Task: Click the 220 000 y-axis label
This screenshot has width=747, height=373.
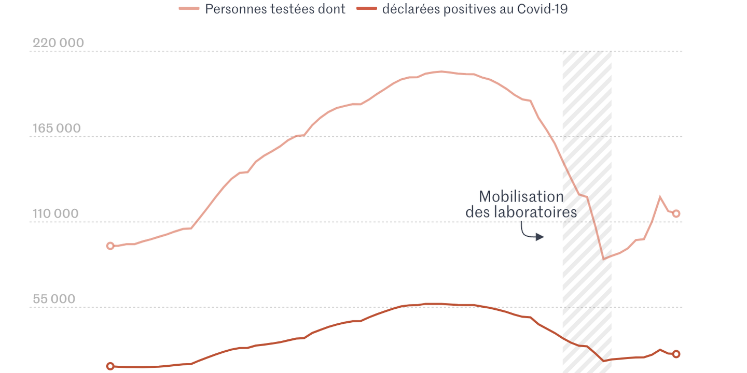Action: (58, 43)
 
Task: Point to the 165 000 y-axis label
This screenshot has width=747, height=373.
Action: (57, 128)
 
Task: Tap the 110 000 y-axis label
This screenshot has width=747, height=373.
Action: (56, 214)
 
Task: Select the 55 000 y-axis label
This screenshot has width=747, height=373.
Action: (54, 299)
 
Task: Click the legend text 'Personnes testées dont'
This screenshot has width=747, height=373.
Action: (275, 9)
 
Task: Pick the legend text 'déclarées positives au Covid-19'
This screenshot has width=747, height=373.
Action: (475, 9)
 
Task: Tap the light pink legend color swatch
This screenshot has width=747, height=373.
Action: (189, 9)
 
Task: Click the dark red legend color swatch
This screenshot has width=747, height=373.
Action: (366, 9)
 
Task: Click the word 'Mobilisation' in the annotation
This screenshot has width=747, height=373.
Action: (521, 197)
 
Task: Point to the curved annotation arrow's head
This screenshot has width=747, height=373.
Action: (542, 237)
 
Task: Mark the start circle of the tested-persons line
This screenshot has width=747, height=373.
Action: (110, 246)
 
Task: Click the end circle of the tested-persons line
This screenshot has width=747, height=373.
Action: (676, 213)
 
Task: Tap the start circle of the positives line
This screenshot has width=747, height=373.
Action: (110, 366)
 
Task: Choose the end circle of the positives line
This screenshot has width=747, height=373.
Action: (676, 354)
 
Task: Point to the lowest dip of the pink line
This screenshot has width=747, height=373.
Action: (603, 259)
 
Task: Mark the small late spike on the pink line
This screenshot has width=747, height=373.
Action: (660, 197)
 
